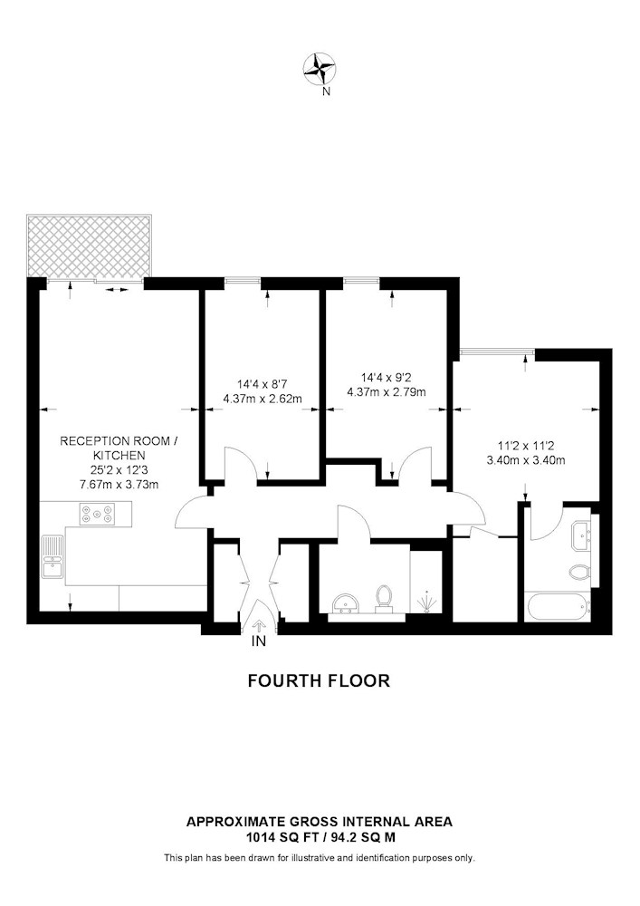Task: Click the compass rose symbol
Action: (x=320, y=68)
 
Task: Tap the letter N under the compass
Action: (x=326, y=92)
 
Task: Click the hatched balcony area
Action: (x=89, y=246)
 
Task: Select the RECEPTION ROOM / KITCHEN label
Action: (x=119, y=448)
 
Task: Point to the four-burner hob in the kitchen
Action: (x=96, y=515)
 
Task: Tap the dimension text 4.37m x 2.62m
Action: (x=263, y=399)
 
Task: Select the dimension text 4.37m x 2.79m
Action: (x=386, y=393)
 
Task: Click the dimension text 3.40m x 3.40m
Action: (x=525, y=460)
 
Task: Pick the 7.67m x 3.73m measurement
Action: (x=119, y=485)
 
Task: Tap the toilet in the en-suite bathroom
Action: (x=579, y=573)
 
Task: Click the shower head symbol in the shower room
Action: (x=426, y=601)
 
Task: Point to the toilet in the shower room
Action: (x=383, y=600)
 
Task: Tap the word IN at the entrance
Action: (x=259, y=641)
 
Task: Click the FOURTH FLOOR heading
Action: (x=320, y=680)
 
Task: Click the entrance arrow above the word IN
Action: (x=259, y=625)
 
